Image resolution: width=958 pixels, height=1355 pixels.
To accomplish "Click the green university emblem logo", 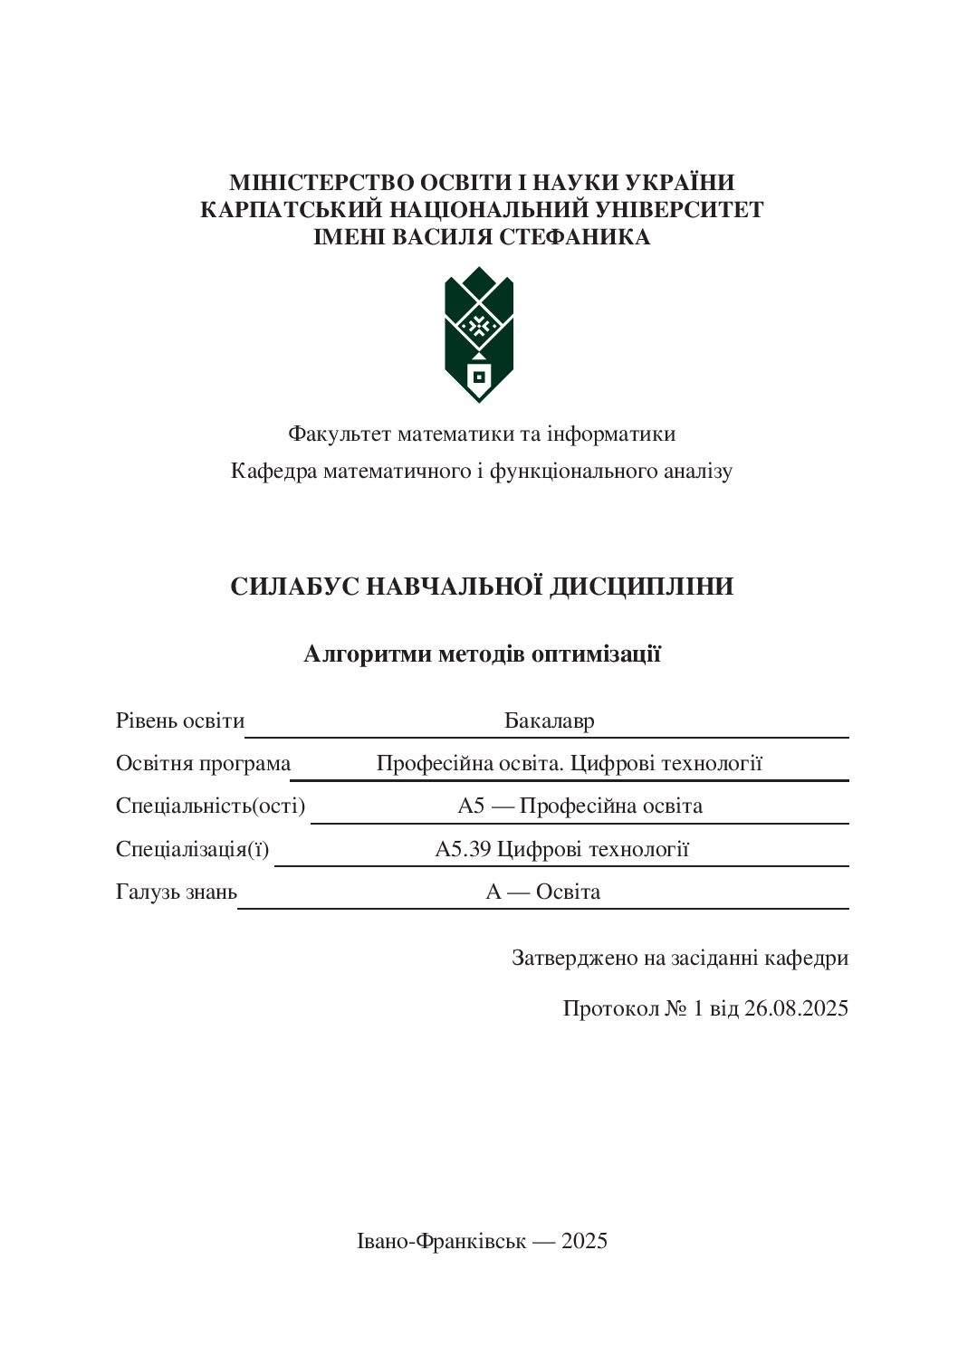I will [x=479, y=335].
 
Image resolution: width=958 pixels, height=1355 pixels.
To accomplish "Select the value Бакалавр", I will [x=549, y=721].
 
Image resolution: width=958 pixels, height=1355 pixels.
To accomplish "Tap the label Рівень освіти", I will [x=180, y=721].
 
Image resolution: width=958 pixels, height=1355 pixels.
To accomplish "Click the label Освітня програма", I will [x=203, y=764].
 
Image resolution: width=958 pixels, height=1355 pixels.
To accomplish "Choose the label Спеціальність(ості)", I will [x=210, y=806].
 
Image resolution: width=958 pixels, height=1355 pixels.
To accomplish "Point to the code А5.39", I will [x=463, y=849].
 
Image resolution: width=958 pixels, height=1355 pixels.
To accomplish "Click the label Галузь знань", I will [x=177, y=892].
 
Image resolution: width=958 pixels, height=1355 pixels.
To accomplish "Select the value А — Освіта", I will [x=543, y=892].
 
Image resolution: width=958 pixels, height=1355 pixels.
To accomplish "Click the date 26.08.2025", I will [x=796, y=1008].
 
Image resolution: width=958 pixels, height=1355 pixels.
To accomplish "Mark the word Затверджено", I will [x=574, y=958].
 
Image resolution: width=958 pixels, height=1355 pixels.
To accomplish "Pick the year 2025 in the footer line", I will [x=584, y=1241].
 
